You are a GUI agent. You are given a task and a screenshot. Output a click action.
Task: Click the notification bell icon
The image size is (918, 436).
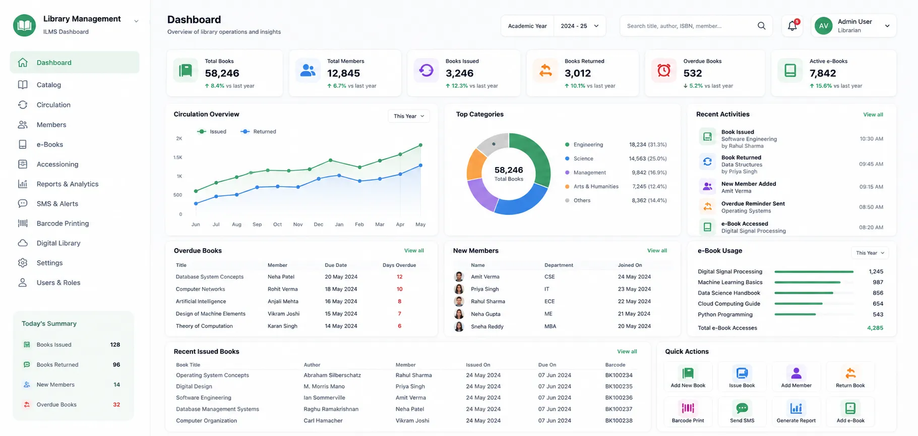click(x=792, y=26)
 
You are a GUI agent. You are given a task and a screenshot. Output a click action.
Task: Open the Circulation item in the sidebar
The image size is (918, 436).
click(x=53, y=105)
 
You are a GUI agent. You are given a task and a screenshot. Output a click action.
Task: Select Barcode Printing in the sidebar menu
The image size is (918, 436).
click(x=63, y=224)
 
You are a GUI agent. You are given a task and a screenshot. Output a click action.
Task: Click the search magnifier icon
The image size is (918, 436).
click(x=761, y=26)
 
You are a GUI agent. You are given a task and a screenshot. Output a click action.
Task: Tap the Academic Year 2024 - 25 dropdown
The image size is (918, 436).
click(x=553, y=26)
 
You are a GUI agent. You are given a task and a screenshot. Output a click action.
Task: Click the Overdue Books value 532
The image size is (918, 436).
click(x=693, y=73)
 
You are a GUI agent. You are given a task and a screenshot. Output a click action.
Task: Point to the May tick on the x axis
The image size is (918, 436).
click(x=420, y=225)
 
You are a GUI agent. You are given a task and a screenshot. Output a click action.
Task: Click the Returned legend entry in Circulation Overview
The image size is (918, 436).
click(x=259, y=132)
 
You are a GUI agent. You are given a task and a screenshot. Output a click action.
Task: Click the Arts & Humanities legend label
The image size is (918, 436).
click(x=596, y=187)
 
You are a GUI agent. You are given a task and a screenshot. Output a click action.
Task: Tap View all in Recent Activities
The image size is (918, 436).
click(x=873, y=115)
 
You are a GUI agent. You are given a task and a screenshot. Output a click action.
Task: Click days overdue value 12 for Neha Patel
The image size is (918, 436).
click(x=399, y=277)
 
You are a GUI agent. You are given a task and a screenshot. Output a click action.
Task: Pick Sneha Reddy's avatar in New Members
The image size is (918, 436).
click(x=459, y=326)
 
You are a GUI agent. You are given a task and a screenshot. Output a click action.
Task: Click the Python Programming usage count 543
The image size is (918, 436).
click(x=878, y=314)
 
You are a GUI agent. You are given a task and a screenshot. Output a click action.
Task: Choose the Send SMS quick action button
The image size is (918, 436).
click(x=742, y=411)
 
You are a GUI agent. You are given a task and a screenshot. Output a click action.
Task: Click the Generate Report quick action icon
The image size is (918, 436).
click(x=796, y=408)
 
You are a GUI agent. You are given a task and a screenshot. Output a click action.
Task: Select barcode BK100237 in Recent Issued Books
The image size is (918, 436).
click(x=619, y=409)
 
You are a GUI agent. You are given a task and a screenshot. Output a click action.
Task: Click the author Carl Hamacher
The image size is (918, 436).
click(x=323, y=421)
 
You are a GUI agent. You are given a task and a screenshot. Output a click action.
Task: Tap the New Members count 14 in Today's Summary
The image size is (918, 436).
click(x=116, y=385)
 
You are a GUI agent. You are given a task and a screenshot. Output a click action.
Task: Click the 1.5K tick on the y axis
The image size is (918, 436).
click(x=177, y=157)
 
